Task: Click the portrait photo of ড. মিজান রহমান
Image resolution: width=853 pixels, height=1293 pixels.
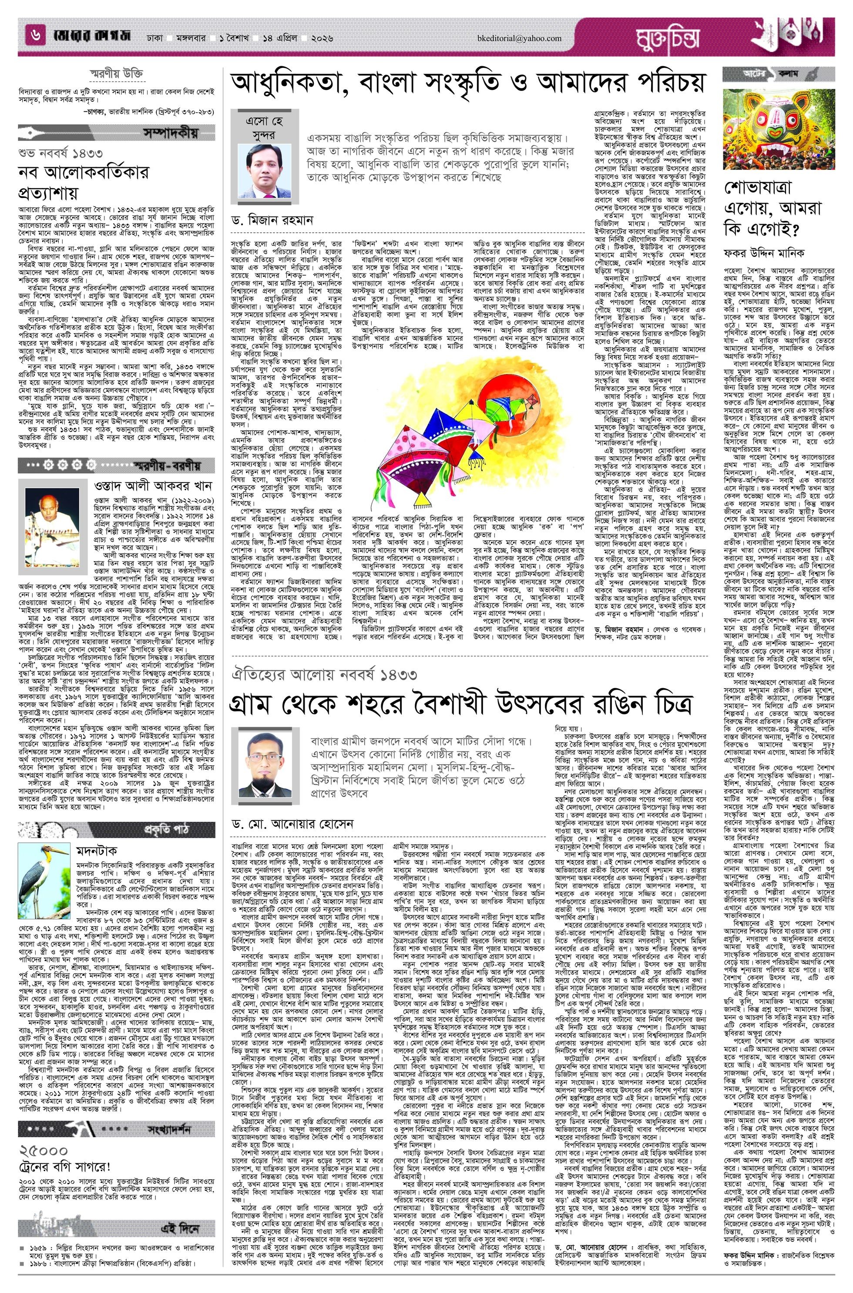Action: click(x=265, y=170)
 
